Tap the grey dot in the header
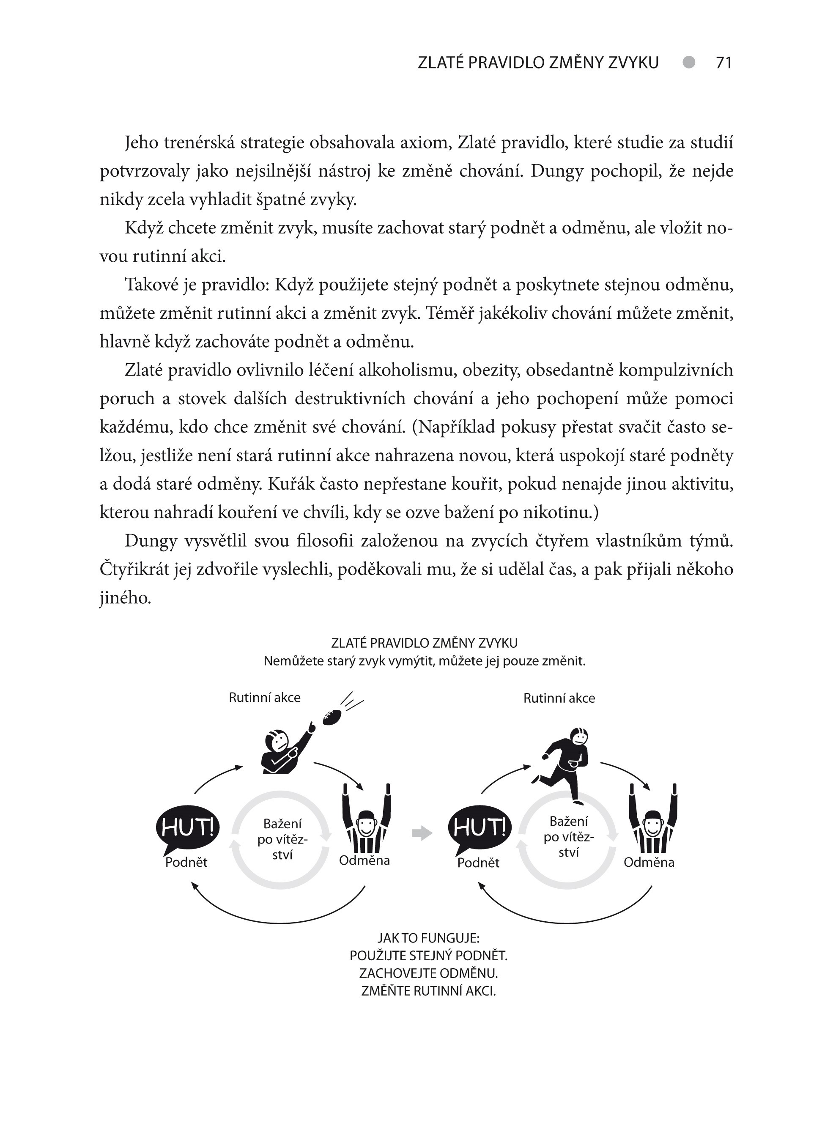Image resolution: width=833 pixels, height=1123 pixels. [x=688, y=62]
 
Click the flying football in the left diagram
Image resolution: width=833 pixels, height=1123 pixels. [x=332, y=717]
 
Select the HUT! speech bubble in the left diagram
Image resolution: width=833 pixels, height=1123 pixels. [x=188, y=827]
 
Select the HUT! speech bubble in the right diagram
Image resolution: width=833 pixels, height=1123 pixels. [x=480, y=827]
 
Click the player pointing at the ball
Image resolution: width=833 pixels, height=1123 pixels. [x=283, y=752]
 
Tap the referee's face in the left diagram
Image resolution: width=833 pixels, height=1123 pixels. [x=366, y=825]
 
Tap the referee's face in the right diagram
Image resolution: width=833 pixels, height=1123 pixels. [x=652, y=825]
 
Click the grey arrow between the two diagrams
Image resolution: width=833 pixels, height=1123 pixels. [x=422, y=833]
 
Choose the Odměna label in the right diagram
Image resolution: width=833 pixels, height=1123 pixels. [x=649, y=862]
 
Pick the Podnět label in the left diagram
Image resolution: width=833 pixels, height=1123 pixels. [x=186, y=862]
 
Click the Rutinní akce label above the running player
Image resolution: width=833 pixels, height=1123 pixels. [x=559, y=698]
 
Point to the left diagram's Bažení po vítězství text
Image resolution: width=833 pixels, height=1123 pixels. [x=282, y=839]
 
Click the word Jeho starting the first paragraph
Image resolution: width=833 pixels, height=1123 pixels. [x=142, y=143]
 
